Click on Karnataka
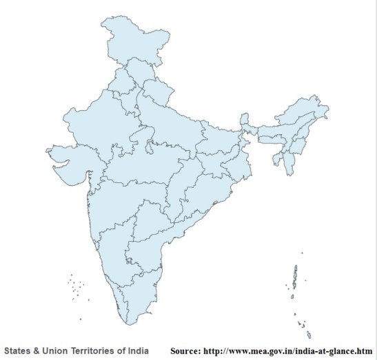pos(114,248)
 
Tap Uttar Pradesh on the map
pos(172,124)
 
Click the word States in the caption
pos(18,350)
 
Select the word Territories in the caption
pos(92,350)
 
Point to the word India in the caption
pos(138,350)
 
